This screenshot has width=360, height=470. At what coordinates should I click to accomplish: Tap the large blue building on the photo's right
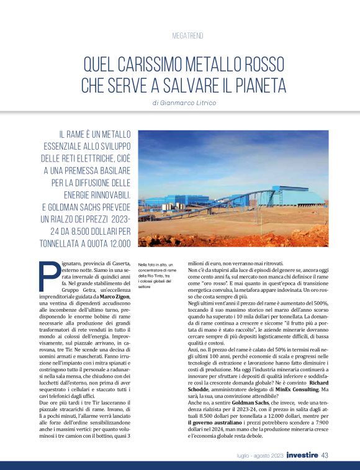(297, 197)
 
